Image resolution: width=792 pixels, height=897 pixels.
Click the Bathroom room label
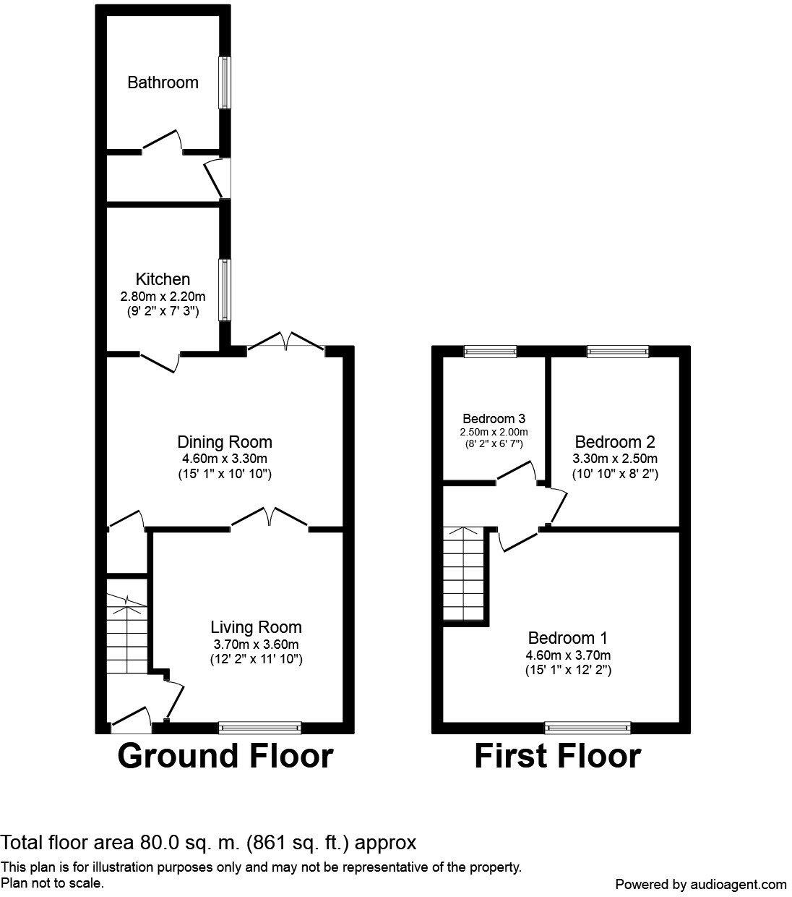[x=163, y=82]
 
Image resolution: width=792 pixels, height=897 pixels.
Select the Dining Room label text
[x=225, y=442]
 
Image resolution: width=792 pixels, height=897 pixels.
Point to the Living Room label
[x=256, y=627]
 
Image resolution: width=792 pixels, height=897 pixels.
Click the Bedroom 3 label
[x=494, y=418]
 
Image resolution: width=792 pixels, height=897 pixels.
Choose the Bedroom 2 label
[x=614, y=442]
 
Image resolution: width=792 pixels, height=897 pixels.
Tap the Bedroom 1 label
[x=567, y=638]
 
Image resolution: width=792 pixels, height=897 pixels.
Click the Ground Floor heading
[x=225, y=756]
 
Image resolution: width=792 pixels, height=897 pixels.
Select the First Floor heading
[x=557, y=756]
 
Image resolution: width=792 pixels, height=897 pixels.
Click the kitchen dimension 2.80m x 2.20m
[x=163, y=296]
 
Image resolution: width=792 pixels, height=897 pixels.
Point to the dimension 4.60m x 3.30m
[x=225, y=459]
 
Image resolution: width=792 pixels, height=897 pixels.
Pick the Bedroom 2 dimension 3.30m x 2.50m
[x=615, y=459]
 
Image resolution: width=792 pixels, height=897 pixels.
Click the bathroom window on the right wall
[x=225, y=82]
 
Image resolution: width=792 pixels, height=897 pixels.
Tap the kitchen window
[x=225, y=290]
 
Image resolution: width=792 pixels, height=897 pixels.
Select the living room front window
[x=259, y=727]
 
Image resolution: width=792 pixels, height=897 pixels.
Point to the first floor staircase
[x=465, y=573]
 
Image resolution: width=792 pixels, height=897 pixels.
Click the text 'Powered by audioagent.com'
[x=700, y=884]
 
